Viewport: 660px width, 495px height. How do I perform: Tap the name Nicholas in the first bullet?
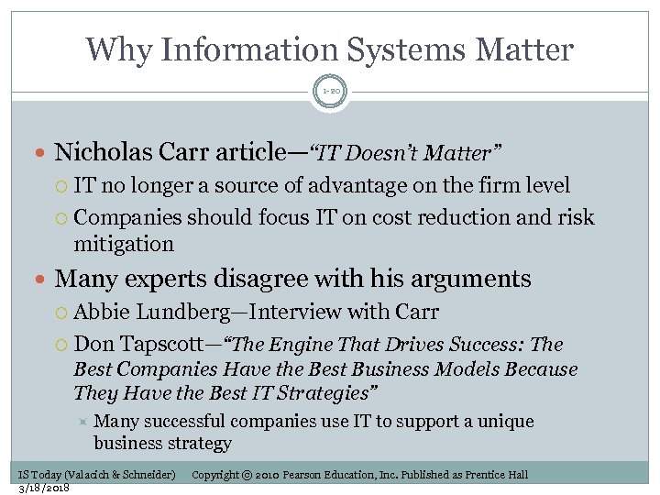94,151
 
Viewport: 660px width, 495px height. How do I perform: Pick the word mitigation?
124,244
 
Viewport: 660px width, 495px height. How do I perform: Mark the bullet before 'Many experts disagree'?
44,279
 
